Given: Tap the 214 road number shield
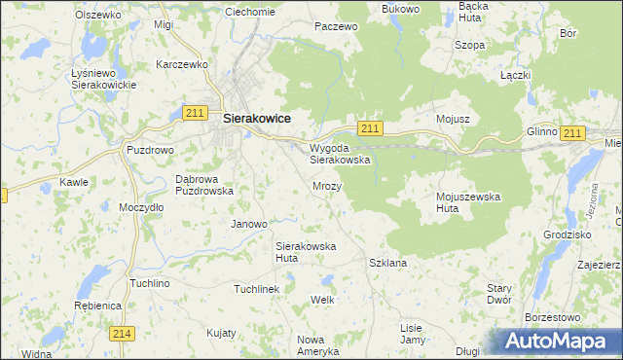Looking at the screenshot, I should click(122, 334).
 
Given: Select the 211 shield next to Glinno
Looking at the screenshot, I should click(572, 133).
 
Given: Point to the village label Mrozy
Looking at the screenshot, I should click(327, 185).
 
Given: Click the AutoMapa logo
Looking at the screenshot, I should click(560, 342).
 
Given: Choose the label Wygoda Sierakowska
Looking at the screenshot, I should click(340, 154).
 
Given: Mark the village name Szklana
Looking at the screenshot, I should click(387, 263).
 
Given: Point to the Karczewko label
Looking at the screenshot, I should click(183, 64).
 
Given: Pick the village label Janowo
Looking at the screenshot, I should click(248, 224).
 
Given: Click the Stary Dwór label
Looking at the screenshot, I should click(499, 294).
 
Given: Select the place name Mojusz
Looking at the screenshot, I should click(454, 119).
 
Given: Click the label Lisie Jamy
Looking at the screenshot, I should click(413, 334).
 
